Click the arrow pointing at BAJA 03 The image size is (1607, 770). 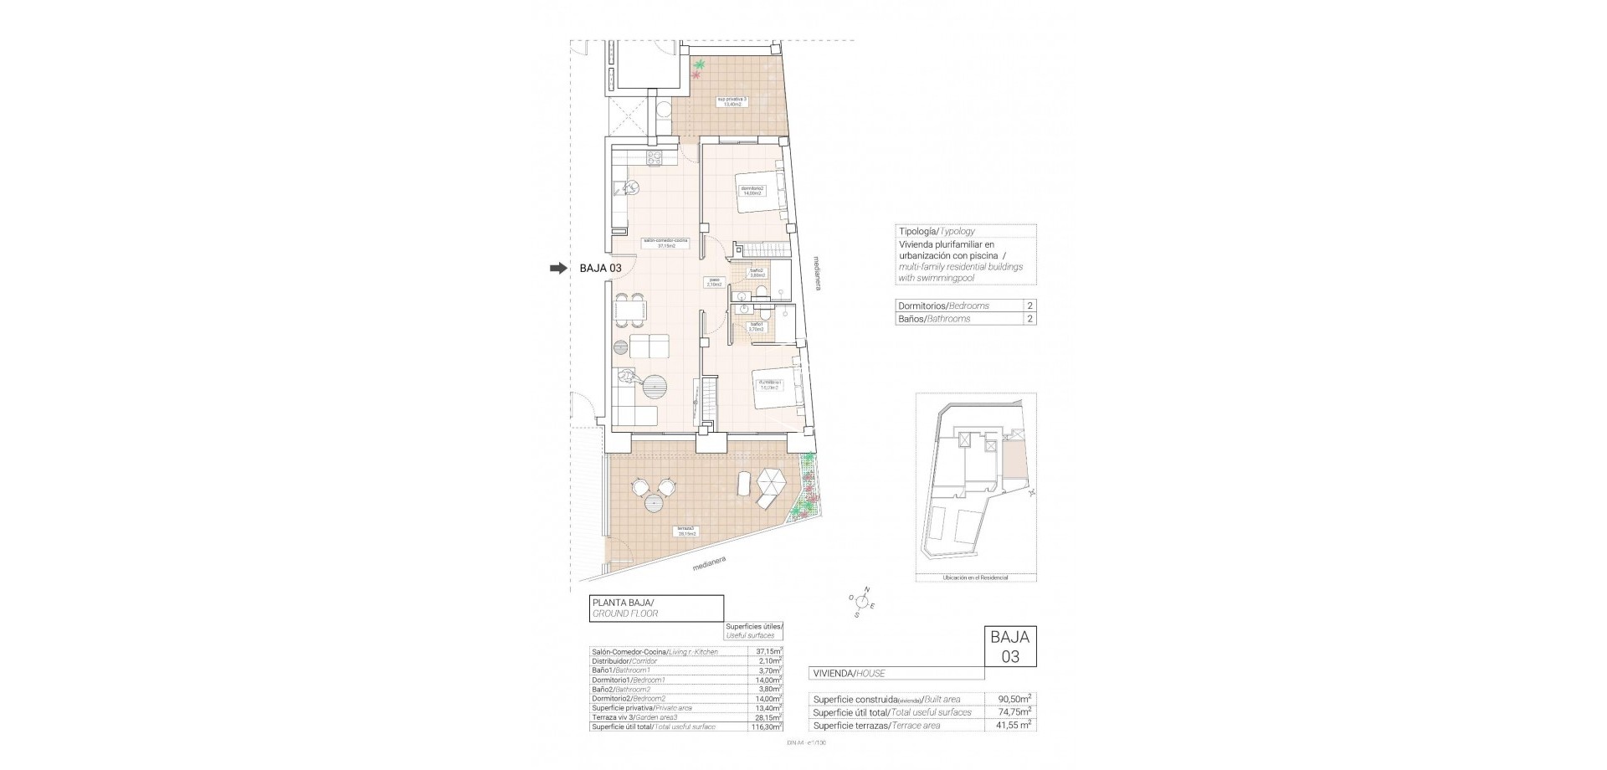tap(557, 268)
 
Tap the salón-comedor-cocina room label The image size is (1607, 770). tap(665, 244)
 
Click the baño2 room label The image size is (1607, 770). tap(757, 273)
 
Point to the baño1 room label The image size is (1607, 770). tap(757, 326)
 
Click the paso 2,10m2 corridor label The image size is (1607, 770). tap(714, 283)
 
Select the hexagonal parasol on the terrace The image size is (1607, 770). tap(771, 485)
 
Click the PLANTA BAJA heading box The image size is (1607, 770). tap(655, 607)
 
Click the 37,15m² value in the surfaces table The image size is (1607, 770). tap(768, 650)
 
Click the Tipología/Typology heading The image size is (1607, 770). tap(936, 231)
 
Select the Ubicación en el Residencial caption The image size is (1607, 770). tap(975, 577)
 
